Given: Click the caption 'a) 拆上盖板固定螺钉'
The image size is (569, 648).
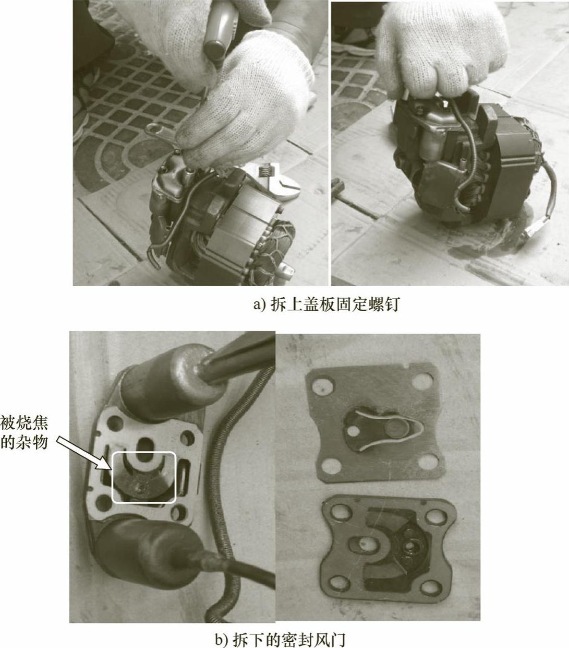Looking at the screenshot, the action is coord(326,304).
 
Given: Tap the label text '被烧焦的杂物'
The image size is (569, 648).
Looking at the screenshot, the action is coord(25,433).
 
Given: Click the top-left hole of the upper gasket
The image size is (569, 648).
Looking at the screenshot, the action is coord(324,387).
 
